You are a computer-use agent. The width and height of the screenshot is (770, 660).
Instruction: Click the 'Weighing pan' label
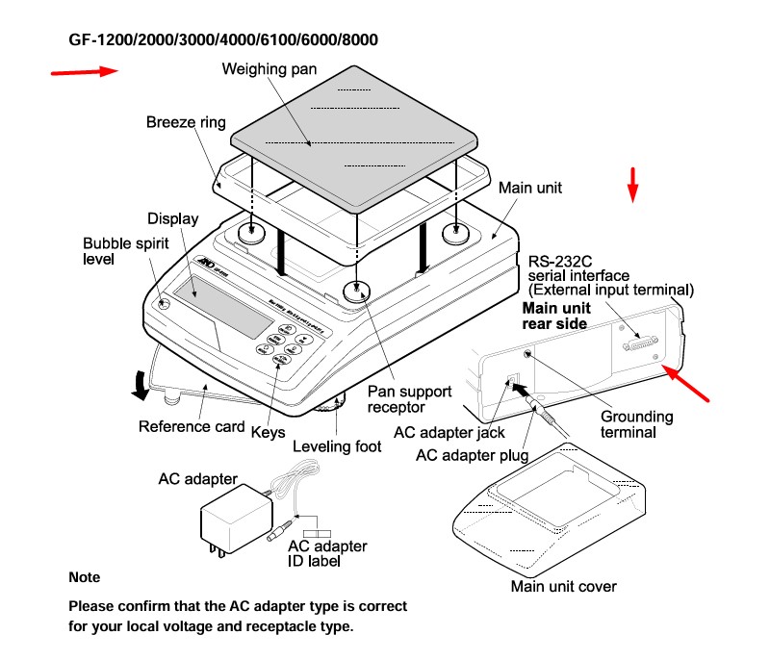coord(269,69)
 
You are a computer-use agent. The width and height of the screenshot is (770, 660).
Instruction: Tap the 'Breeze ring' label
coord(186,122)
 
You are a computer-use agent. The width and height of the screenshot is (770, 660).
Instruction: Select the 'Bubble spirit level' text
coord(113,250)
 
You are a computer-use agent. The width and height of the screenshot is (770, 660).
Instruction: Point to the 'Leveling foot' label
coord(337,446)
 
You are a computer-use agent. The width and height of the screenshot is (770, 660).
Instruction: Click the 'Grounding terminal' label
coord(636,424)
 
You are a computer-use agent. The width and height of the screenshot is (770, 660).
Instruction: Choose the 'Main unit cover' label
coord(563,586)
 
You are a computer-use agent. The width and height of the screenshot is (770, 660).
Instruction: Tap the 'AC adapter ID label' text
coord(327,553)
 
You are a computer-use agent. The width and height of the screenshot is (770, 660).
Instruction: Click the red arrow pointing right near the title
coord(85,71)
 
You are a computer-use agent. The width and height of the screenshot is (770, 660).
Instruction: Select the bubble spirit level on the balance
coord(163,303)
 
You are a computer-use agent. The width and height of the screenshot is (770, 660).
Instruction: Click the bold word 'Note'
coord(84,577)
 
